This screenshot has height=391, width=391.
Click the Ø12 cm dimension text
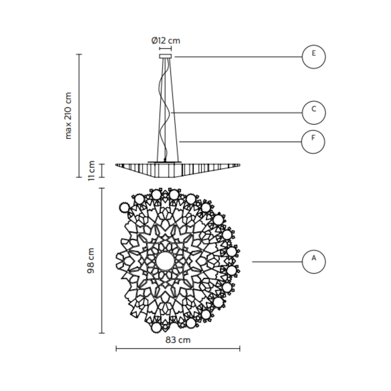click(165, 41)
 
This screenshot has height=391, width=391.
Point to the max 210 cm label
click(68, 116)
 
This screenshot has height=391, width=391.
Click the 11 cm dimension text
click(91, 171)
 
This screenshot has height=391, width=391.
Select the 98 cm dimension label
click(91, 261)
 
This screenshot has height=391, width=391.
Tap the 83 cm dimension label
click(178, 340)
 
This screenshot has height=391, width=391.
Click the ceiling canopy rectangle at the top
click(165, 56)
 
